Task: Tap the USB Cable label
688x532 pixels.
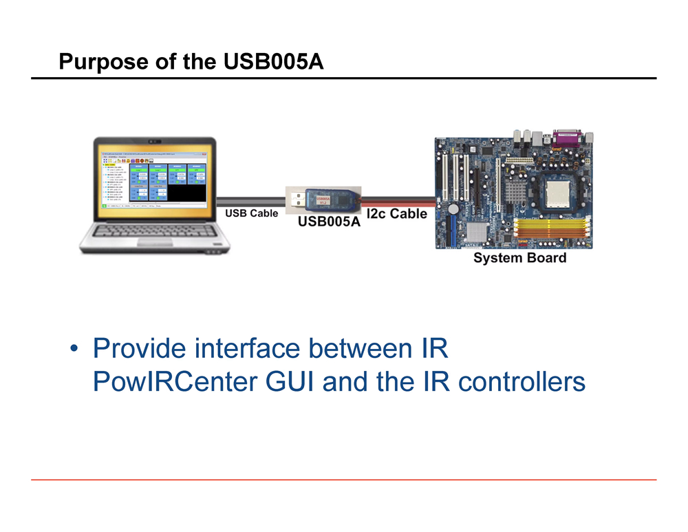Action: (x=252, y=213)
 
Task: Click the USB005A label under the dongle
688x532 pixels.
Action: (x=329, y=222)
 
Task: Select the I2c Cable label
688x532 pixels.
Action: (x=397, y=213)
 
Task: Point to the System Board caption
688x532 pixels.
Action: (x=519, y=258)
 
